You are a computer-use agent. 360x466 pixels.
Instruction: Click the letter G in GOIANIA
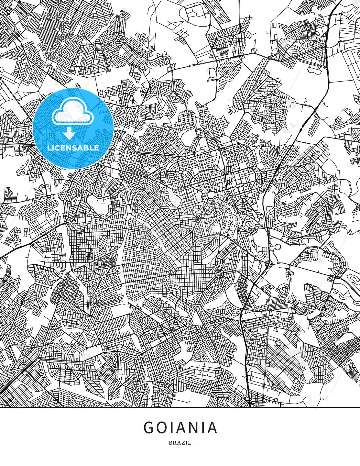pyautogui.click(x=149, y=428)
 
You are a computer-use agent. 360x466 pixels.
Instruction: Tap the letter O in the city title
pyautogui.click(x=163, y=428)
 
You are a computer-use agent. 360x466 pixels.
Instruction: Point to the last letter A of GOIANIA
pyautogui.click(x=212, y=428)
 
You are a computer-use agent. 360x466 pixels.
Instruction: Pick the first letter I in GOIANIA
pyautogui.click(x=174, y=428)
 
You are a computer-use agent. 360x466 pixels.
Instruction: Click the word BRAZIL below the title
pyautogui.click(x=180, y=443)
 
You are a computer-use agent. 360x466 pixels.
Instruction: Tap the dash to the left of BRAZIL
pyautogui.click(x=165, y=443)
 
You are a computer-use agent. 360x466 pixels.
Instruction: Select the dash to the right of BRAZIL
pyautogui.click(x=195, y=443)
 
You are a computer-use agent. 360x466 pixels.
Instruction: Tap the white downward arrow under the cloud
pyautogui.click(x=69, y=133)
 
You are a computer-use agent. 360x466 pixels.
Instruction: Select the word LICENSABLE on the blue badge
pyautogui.click(x=73, y=148)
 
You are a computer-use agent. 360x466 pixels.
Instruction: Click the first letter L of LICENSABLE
pyautogui.click(x=49, y=148)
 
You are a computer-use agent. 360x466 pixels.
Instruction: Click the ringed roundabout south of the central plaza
pyautogui.click(x=219, y=274)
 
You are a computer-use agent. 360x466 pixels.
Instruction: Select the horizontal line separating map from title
pyautogui.click(x=180, y=407)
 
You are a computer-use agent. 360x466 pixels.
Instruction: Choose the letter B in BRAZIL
pyautogui.click(x=170, y=443)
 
